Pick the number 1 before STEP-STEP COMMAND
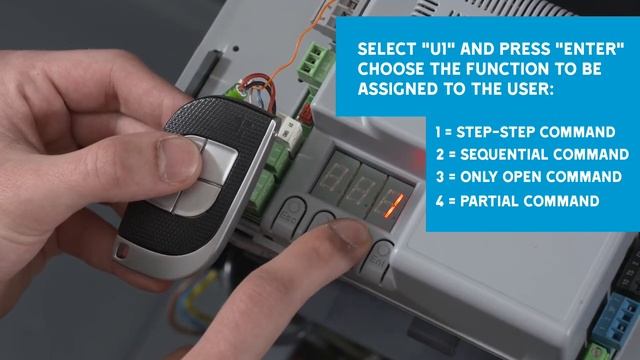(x=438, y=132)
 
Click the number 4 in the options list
(x=439, y=201)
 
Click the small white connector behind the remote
(x=290, y=129)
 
